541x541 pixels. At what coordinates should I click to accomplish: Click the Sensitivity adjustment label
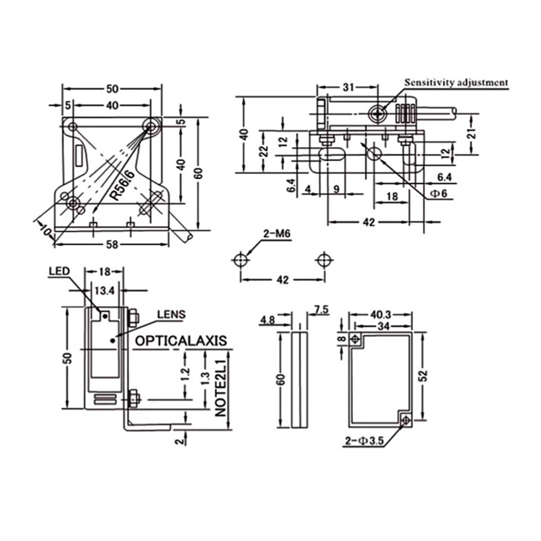(456, 82)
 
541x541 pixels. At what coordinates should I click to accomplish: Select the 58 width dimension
(112, 245)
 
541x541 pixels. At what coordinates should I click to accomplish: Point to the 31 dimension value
(348, 87)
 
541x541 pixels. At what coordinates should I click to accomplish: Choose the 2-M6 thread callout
(277, 235)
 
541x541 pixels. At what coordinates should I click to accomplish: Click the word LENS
(171, 315)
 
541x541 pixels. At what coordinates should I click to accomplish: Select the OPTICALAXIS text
(180, 341)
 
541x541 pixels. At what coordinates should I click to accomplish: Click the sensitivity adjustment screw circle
(380, 113)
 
